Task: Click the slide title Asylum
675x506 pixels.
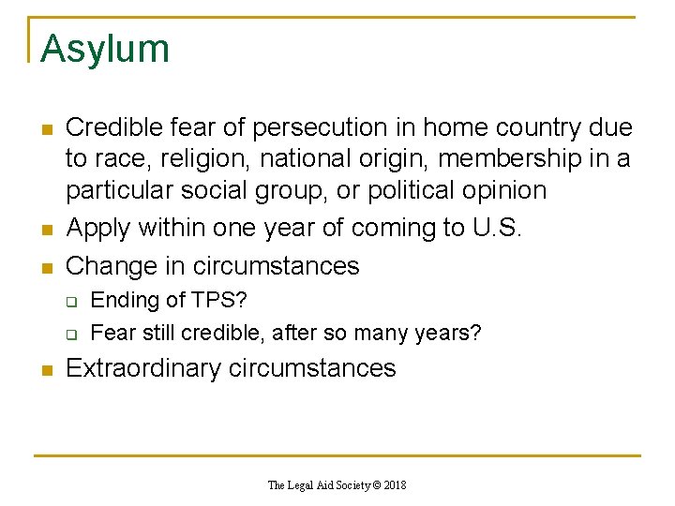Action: pyautogui.click(x=105, y=49)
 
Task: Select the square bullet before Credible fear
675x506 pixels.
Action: pyautogui.click(x=45, y=129)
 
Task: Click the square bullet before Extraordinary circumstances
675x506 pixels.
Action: pyautogui.click(x=45, y=370)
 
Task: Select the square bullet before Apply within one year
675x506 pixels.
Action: pyautogui.click(x=45, y=230)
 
